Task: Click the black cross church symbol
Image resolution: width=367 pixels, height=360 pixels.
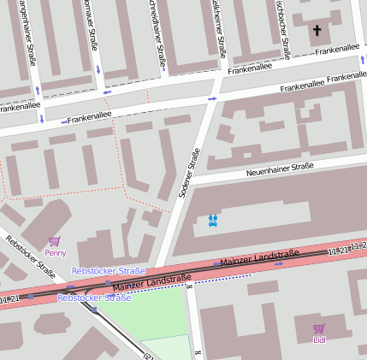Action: pyautogui.click(x=317, y=31)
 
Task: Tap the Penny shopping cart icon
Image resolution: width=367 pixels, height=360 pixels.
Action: pyautogui.click(x=56, y=242)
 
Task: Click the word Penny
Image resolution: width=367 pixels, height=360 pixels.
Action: pyautogui.click(x=56, y=253)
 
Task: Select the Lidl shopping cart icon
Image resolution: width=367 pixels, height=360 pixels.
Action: pyautogui.click(x=319, y=328)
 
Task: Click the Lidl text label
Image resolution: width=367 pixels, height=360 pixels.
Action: pyautogui.click(x=319, y=339)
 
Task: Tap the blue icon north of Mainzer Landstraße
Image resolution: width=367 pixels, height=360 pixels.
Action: pyautogui.click(x=213, y=220)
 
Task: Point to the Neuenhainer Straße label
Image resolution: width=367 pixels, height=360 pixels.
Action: pyautogui.click(x=280, y=168)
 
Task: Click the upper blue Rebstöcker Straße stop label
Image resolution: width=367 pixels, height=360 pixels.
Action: pyautogui.click(x=108, y=271)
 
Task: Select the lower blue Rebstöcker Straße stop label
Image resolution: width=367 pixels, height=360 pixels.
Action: pyautogui.click(x=94, y=298)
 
